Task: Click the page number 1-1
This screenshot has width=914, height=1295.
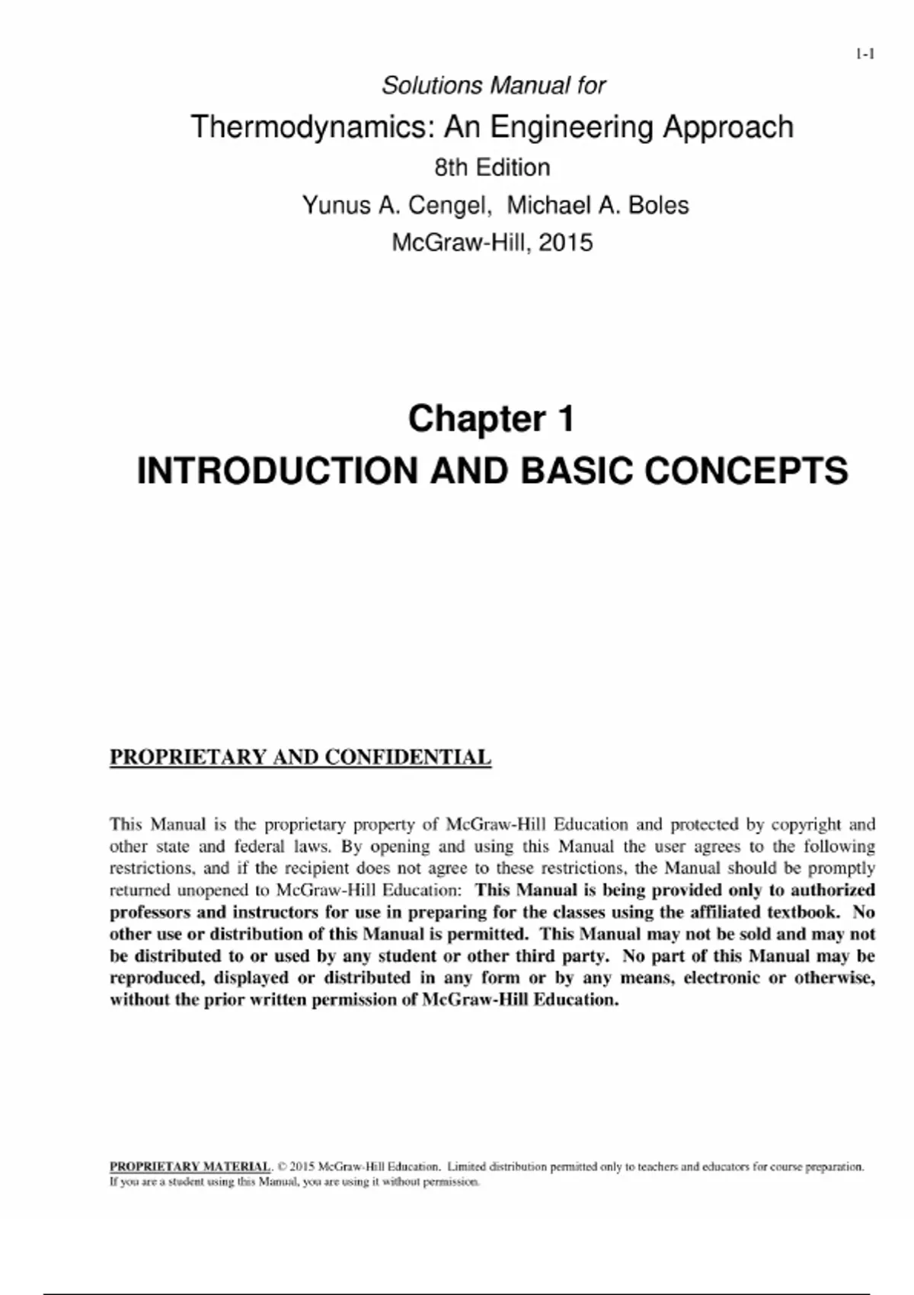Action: click(864, 54)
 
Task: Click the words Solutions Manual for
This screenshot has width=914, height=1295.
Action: click(493, 85)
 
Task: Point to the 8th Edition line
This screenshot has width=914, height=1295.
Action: click(492, 168)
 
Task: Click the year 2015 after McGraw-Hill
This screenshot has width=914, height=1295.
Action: click(565, 242)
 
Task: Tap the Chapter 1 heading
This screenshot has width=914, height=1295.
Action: click(491, 418)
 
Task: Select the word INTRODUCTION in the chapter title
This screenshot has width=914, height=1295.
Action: click(277, 470)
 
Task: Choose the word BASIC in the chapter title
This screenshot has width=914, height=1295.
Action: click(577, 470)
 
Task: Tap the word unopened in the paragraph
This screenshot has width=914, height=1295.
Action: click(216, 890)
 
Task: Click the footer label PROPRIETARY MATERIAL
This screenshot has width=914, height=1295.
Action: click(190, 1166)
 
